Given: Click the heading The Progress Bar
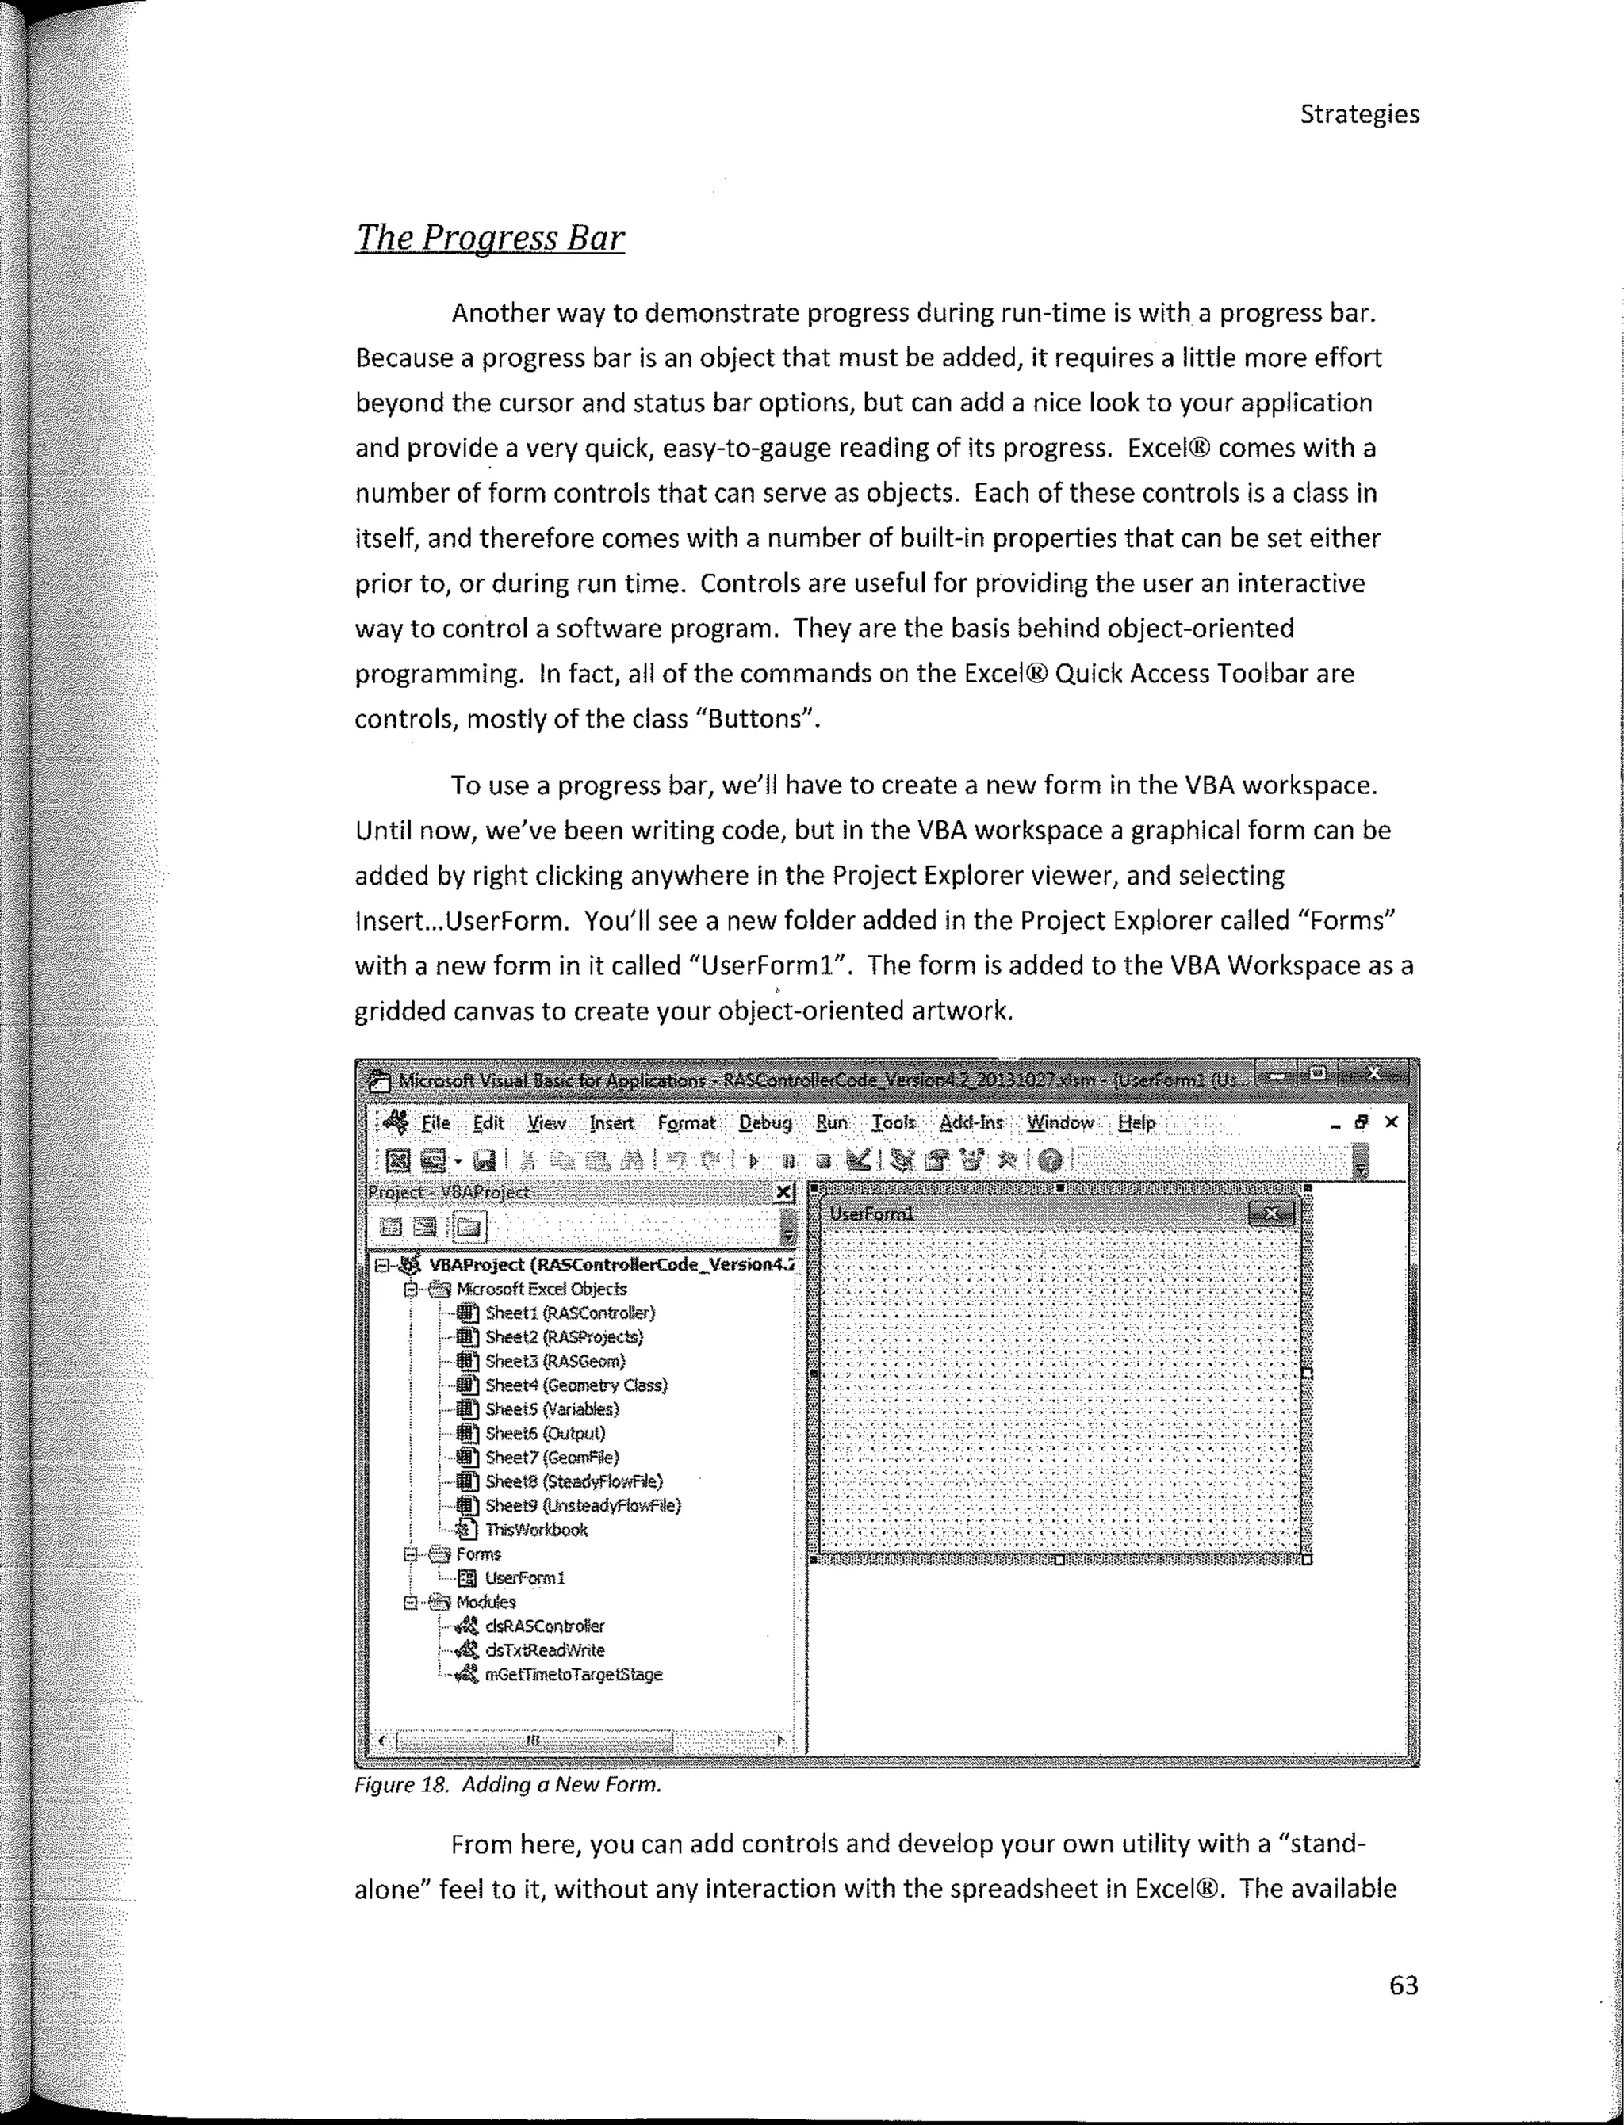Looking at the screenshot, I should [x=489, y=238].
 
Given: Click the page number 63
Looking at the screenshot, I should [x=1403, y=1985].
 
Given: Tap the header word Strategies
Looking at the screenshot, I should [x=1358, y=114].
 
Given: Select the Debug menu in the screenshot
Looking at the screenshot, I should [x=764, y=1123].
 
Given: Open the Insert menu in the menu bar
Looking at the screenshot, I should [x=611, y=1123].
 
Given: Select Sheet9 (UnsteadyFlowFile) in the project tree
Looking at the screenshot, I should [x=582, y=1504].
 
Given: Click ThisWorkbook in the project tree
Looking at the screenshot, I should [x=535, y=1529].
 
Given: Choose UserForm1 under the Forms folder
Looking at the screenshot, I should [x=524, y=1577].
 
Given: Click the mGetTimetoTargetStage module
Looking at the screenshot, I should [x=573, y=1674].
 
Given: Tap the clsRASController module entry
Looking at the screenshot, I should [x=544, y=1626].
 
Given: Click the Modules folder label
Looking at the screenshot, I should [x=485, y=1601].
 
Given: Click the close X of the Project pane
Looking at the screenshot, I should [x=785, y=1192].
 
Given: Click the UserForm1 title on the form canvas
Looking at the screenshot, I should [x=871, y=1213].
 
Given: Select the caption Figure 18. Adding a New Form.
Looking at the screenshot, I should [x=507, y=1785].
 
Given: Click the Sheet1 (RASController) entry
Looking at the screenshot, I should [x=569, y=1313].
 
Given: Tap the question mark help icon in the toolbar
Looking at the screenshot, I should [x=1050, y=1160].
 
